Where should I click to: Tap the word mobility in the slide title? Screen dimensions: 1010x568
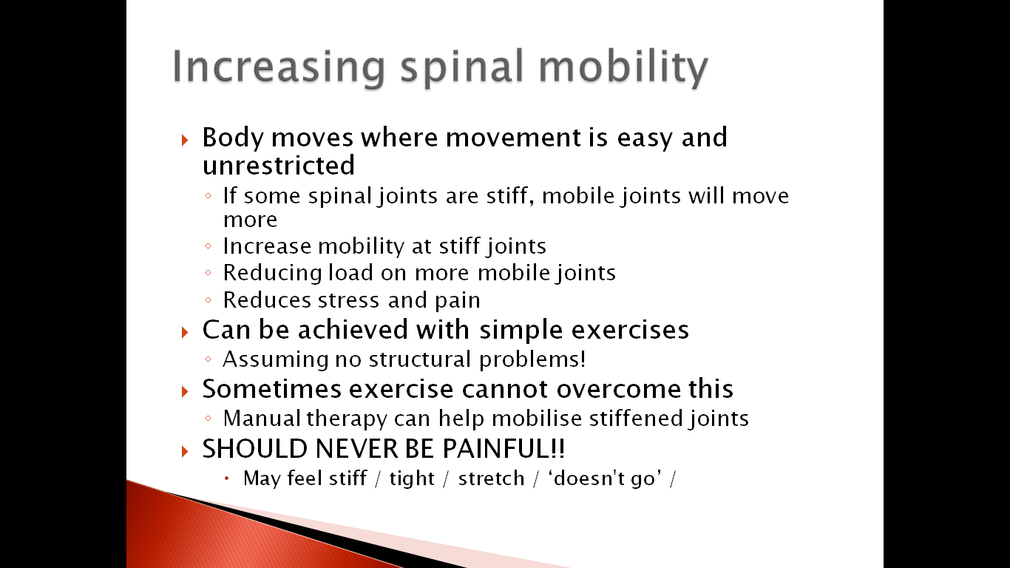pos(623,67)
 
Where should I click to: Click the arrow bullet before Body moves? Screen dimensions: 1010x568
pos(185,140)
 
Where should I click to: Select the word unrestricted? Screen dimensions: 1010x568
pos(279,165)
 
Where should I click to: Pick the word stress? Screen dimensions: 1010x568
pos(348,300)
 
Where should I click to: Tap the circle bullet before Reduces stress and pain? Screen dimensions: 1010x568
pos(208,300)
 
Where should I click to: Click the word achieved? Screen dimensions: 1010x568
pos(353,329)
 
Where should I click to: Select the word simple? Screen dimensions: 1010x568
pos(521,330)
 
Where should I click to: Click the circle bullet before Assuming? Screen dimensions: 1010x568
pos(208,359)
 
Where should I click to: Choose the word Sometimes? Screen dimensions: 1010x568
pos(271,389)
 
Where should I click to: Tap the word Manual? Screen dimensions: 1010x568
pos(262,418)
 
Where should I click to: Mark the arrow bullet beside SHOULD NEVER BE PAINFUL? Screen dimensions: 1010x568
pos(185,451)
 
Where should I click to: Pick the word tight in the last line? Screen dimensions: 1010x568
pos(412,479)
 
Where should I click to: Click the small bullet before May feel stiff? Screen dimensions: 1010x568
pos(227,479)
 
